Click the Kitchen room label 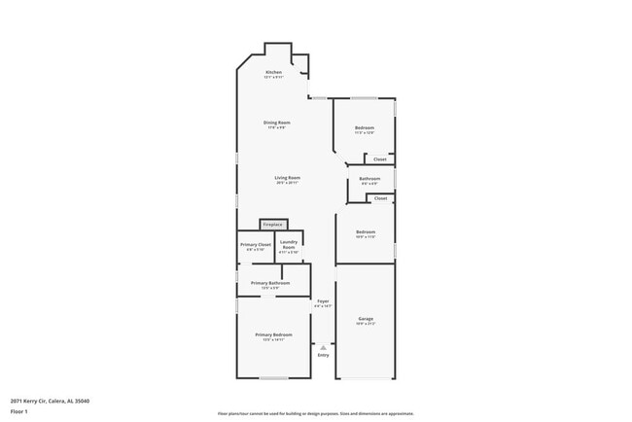274,73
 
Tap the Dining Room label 277,123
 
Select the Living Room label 287,178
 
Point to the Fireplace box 273,225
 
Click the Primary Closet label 256,244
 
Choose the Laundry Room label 289,246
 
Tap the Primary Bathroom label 269,283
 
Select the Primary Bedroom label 273,334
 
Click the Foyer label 323,301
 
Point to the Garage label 366,319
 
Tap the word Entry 324,355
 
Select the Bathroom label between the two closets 369,179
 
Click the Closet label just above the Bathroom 380,159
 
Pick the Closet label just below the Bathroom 380,198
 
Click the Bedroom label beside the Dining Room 365,128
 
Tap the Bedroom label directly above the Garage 366,231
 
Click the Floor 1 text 19,411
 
